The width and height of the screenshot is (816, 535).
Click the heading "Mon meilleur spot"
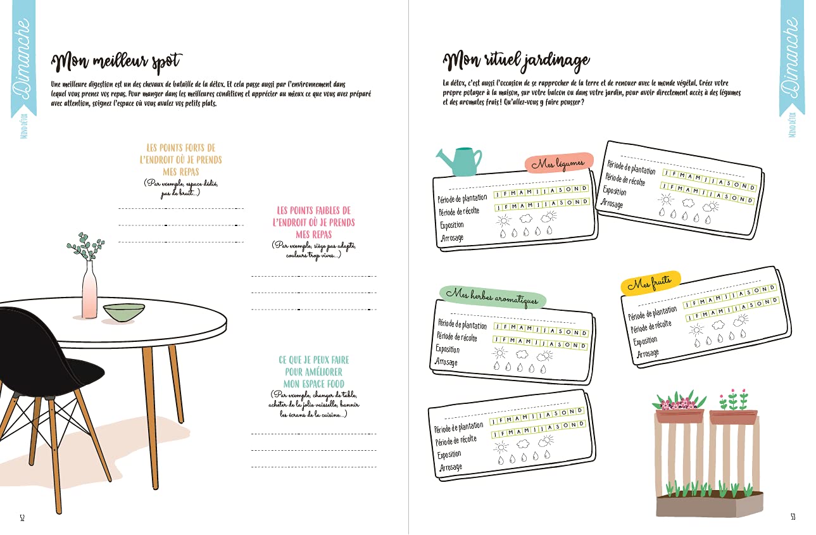117,62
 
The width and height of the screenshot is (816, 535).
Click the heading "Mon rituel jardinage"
517,61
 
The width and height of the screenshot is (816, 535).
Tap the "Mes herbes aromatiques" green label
492,295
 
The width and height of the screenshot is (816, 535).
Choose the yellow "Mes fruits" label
650,283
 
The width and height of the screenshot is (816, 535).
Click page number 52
22,517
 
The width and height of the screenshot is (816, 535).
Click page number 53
793,517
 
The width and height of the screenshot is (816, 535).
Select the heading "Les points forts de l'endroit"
180,160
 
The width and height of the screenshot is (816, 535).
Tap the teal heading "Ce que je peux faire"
313,372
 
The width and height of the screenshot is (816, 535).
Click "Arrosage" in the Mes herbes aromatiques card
446,362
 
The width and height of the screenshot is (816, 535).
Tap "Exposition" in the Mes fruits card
646,341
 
